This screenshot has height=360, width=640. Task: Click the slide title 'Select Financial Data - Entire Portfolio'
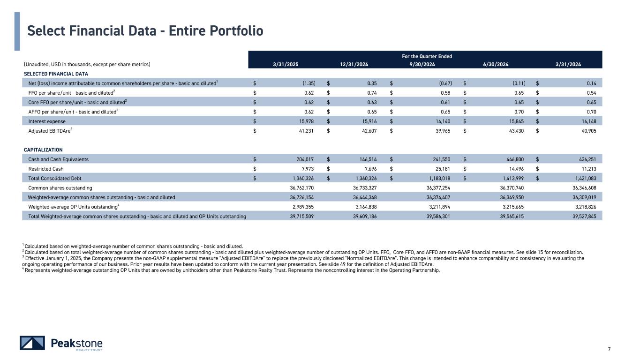(145, 30)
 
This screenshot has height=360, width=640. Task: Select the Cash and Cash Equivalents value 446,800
(516, 159)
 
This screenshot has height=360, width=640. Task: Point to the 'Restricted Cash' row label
(46, 169)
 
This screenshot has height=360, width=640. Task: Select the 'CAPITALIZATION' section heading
(43, 150)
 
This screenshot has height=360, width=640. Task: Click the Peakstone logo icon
(32, 343)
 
